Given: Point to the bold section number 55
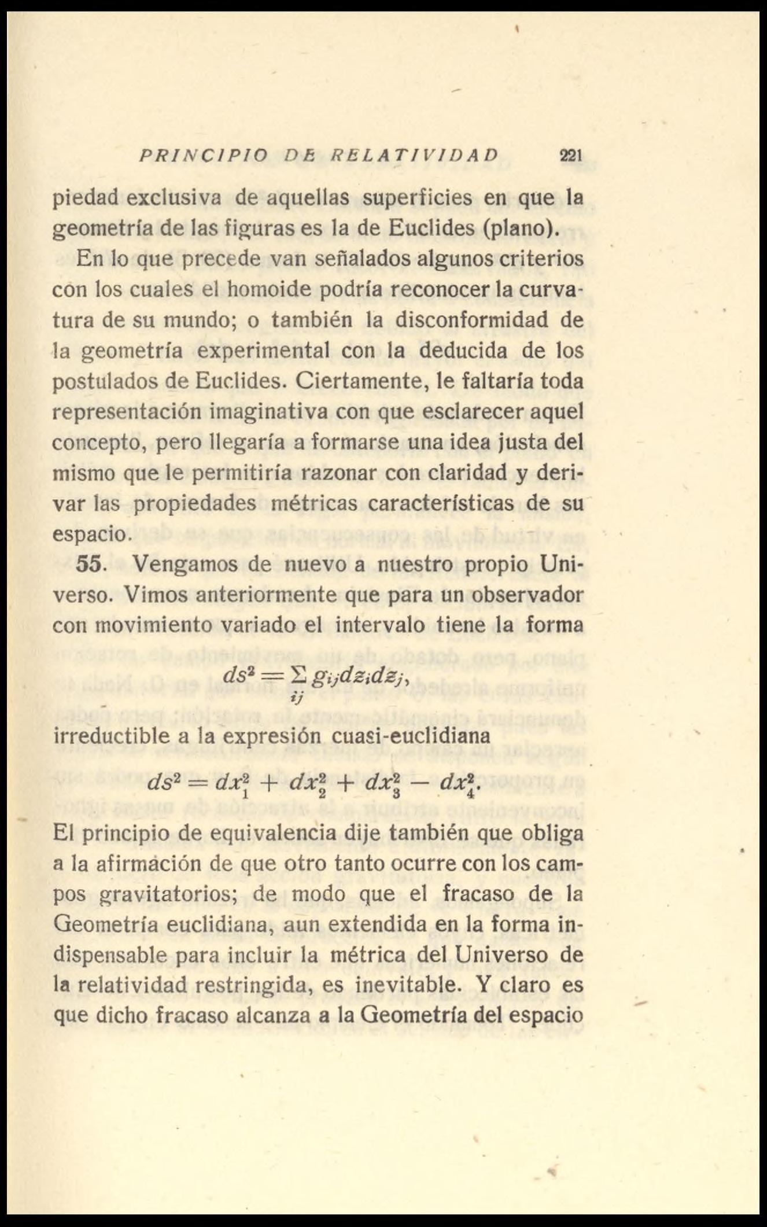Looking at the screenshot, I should coord(89,565).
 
